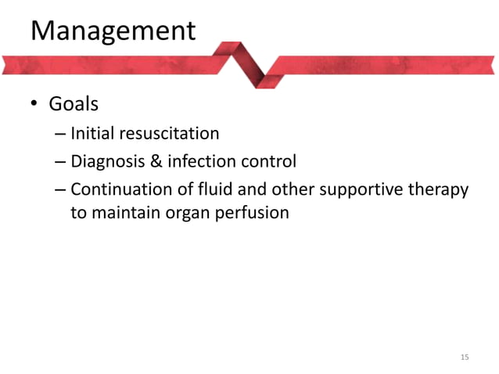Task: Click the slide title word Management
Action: pyautogui.click(x=113, y=31)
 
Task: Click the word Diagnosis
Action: pyautogui.click(x=106, y=162)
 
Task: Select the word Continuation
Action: pyautogui.click(x=120, y=190)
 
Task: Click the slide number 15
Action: pyautogui.click(x=465, y=358)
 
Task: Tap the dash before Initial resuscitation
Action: pyautogui.click(x=60, y=134)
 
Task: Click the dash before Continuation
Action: pyautogui.click(x=60, y=191)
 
